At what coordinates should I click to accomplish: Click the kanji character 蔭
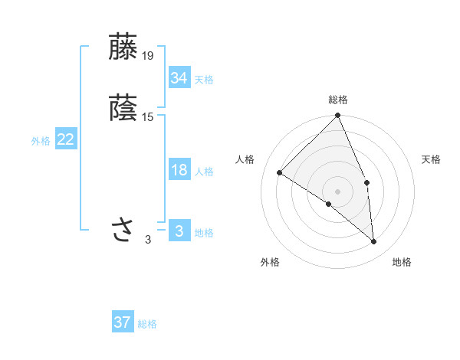pos(124,107)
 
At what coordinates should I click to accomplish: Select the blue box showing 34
pos(179,77)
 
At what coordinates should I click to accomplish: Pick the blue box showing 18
pos(179,170)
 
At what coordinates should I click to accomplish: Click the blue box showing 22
pos(66,139)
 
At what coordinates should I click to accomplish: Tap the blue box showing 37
pos(123,322)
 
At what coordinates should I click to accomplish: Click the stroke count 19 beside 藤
pos(148,55)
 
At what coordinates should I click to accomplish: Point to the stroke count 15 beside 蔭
pos(148,116)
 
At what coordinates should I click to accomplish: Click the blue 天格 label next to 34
pos(204,79)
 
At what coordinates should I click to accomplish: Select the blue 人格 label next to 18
pos(204,172)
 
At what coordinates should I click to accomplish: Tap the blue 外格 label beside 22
pos(41,141)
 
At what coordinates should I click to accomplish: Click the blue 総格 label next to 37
pos(147,324)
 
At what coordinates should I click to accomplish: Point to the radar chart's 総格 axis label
pos(338,100)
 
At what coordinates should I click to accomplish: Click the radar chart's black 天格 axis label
pos(432,159)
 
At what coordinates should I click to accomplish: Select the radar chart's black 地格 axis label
pos(402,262)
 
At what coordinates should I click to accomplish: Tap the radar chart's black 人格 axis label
pos(245,159)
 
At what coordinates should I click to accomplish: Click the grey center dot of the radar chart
pos(338,191)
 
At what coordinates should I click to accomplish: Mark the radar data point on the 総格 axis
pos(338,116)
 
